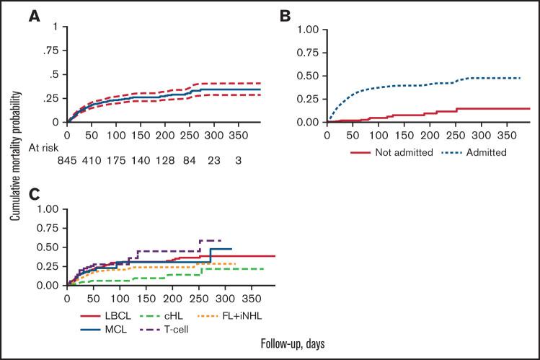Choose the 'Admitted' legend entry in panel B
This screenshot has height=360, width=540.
[475, 152]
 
